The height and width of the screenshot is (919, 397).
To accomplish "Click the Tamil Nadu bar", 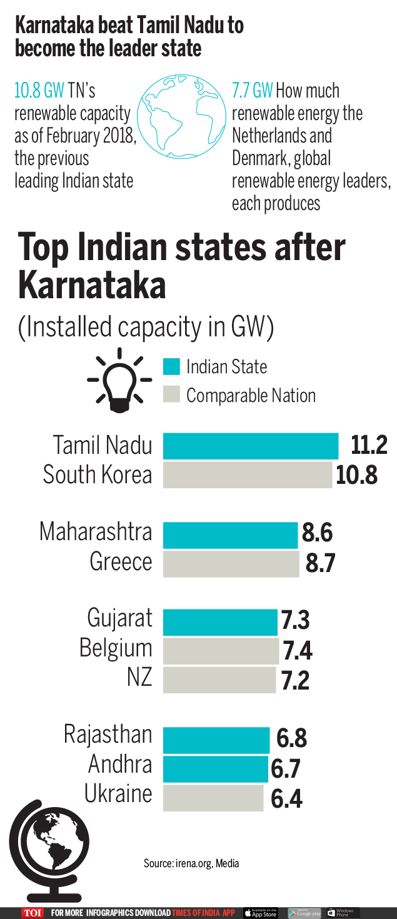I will [x=250, y=446].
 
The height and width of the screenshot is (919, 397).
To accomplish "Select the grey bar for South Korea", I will [x=248, y=475].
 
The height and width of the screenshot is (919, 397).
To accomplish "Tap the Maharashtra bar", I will [x=230, y=535].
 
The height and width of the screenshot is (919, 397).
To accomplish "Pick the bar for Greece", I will [x=231, y=564].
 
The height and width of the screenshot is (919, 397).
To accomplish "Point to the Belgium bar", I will [x=221, y=651].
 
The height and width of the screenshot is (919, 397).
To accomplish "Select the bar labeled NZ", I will [x=219, y=680].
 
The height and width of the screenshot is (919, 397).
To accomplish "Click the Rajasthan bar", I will [x=216, y=740].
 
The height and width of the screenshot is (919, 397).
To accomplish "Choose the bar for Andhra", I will [x=215, y=768].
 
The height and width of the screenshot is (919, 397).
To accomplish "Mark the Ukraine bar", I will [x=213, y=798].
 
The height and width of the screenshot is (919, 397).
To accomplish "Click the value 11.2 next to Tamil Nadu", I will [x=369, y=446].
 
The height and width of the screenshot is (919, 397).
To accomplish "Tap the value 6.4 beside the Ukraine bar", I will [x=286, y=798].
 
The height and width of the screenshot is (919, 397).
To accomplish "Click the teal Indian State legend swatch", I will [x=171, y=366].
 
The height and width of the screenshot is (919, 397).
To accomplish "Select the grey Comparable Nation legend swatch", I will [x=171, y=395].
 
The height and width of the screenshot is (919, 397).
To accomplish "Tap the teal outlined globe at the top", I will [x=181, y=111].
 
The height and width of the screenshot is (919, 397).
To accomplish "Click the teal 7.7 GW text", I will [x=252, y=91].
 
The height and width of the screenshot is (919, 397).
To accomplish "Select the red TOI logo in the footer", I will [x=33, y=913].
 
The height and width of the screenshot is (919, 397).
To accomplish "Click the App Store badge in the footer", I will [x=260, y=913].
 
